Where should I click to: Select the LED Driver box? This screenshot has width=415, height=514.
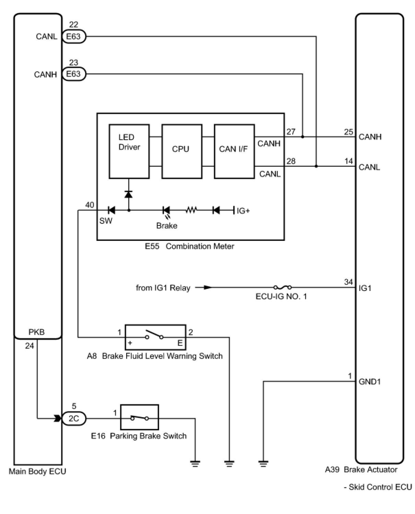point(129,151)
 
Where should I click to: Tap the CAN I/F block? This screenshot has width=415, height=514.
point(234,151)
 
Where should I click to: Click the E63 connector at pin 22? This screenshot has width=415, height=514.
point(73,36)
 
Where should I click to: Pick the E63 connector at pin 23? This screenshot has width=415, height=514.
point(73,74)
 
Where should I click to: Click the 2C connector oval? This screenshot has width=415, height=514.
point(74,419)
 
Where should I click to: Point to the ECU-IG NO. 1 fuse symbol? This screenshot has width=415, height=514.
point(283,287)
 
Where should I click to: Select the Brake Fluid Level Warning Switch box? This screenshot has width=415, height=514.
point(155,337)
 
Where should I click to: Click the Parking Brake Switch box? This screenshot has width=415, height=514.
point(139,418)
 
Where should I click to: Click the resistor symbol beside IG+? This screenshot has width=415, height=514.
point(191,210)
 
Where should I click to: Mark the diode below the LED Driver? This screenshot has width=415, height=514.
point(129,195)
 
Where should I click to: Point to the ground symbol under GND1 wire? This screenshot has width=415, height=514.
point(263,464)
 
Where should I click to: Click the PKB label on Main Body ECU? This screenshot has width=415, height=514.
point(37,332)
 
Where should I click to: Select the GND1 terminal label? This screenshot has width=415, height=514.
point(369,382)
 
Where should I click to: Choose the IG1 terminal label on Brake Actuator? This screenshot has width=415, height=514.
point(365,288)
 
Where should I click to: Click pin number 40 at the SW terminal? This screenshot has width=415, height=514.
point(90,205)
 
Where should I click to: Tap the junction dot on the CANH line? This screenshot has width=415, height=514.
point(303,137)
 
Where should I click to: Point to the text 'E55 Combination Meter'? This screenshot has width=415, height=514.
point(189,246)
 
